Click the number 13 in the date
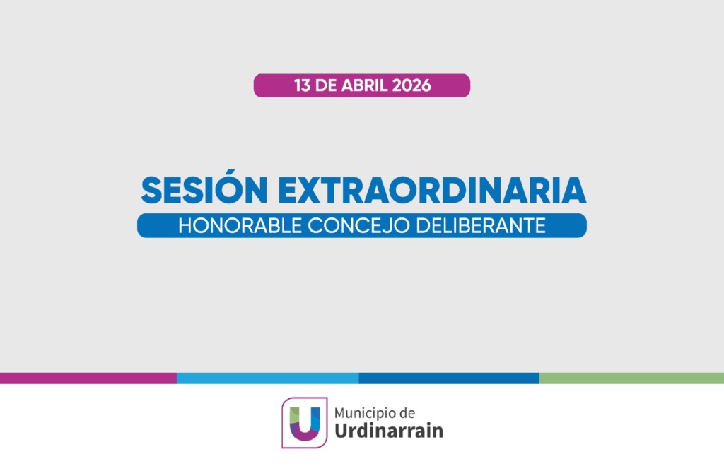pyautogui.click(x=303, y=85)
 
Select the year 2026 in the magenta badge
pyautogui.click(x=411, y=85)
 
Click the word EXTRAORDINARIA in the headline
pyautogui.click(x=432, y=189)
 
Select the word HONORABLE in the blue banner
pyautogui.click(x=240, y=226)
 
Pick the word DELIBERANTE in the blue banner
pyautogui.click(x=481, y=226)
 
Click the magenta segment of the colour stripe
pyautogui.click(x=88, y=378)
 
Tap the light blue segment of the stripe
pyautogui.click(x=268, y=378)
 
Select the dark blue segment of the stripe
pyautogui.click(x=449, y=378)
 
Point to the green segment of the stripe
pyautogui.click(x=631, y=378)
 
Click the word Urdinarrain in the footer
pyautogui.click(x=389, y=431)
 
